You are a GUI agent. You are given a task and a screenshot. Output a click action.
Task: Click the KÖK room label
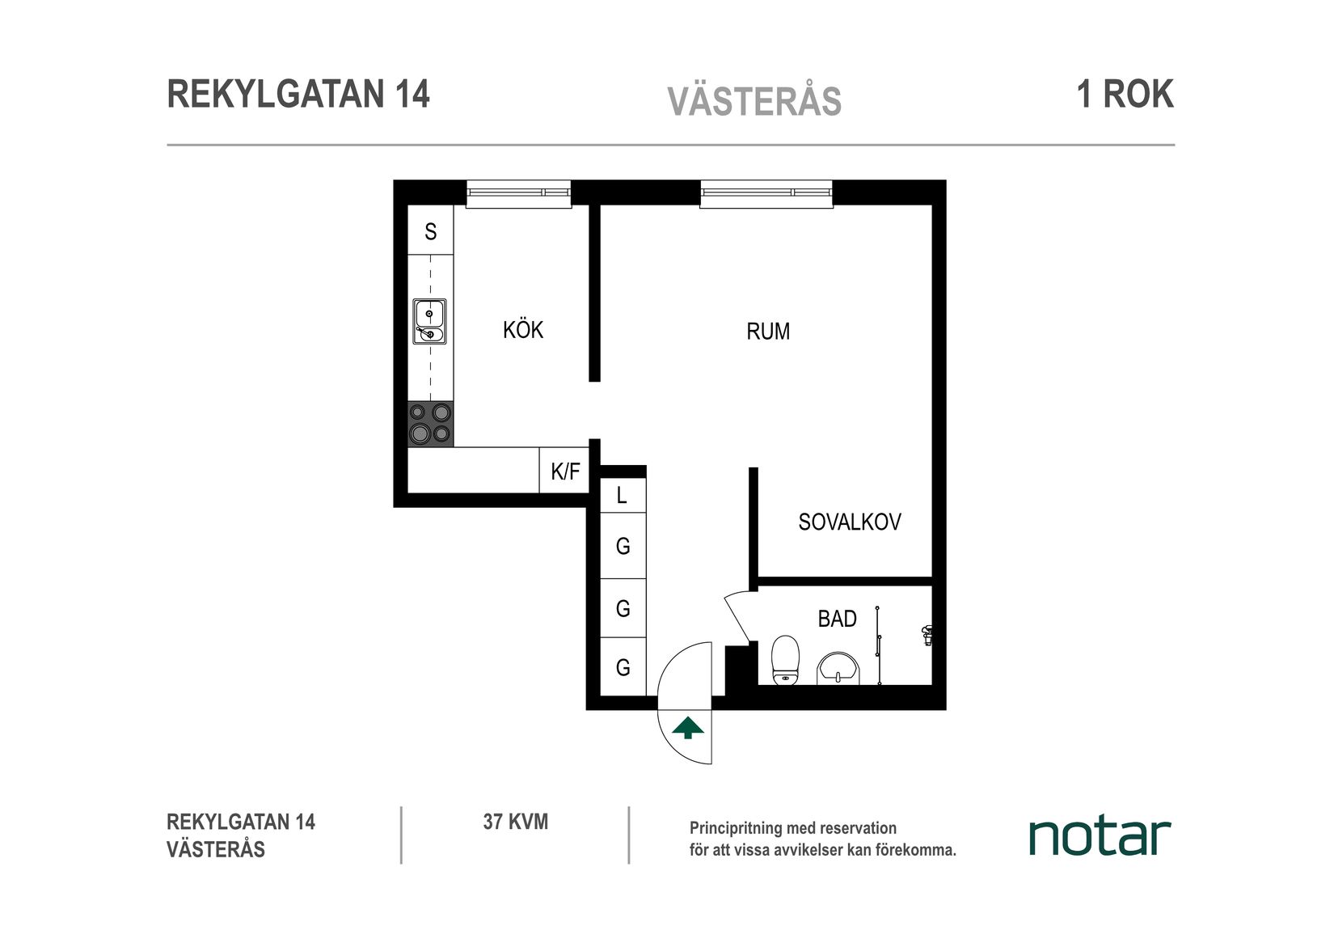click(x=523, y=330)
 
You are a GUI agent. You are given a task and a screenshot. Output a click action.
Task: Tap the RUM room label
click(x=767, y=332)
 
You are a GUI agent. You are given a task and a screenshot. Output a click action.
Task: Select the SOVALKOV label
click(x=849, y=522)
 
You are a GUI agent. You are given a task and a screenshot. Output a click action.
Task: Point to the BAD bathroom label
click(x=837, y=620)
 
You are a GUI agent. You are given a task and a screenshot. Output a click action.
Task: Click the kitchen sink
click(x=429, y=322)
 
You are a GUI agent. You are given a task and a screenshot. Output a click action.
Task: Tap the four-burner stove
click(x=430, y=424)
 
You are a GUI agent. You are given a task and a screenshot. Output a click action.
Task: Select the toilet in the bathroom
click(x=785, y=660)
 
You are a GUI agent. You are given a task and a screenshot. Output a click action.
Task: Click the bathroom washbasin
click(x=838, y=669)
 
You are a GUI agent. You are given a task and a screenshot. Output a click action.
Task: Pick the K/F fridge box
click(x=564, y=472)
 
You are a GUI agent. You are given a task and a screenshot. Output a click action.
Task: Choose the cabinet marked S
click(x=430, y=232)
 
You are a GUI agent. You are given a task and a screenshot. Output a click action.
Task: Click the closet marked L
click(x=622, y=495)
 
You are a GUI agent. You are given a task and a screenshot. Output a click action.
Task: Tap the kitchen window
click(x=518, y=193)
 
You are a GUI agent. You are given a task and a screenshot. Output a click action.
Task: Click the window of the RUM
click(x=766, y=193)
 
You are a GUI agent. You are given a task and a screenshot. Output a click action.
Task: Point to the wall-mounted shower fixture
click(x=927, y=635)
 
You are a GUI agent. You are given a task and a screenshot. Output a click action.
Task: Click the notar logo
click(x=1099, y=837)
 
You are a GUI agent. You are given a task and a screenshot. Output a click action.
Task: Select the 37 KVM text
click(x=515, y=822)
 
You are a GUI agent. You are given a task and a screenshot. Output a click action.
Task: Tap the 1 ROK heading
click(x=1125, y=95)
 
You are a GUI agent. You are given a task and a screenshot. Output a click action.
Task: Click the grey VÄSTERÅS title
click(x=754, y=102)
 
